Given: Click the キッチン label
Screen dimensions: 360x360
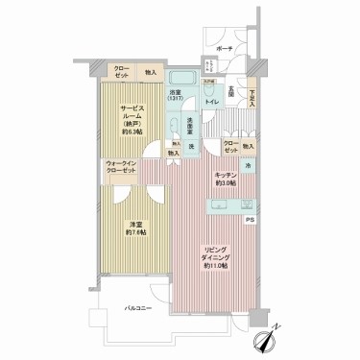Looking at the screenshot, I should tap(226, 177).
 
